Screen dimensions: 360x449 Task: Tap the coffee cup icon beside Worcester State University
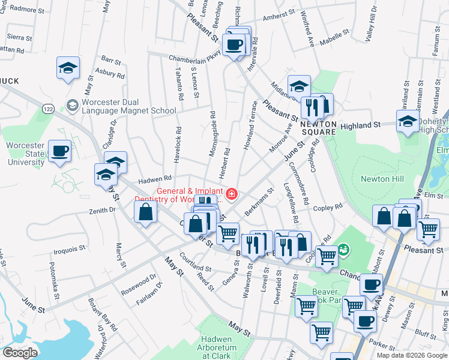tap(59, 151)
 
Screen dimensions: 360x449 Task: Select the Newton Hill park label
tap(382, 179)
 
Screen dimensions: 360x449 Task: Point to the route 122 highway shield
tap(48, 107)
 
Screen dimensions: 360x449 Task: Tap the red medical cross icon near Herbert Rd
tap(231, 194)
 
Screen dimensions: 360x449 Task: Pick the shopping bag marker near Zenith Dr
tap(146, 212)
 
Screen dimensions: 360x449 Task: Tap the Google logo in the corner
tap(20, 353)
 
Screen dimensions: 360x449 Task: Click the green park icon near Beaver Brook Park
tap(343, 248)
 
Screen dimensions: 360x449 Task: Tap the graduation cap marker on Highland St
tap(408, 121)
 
